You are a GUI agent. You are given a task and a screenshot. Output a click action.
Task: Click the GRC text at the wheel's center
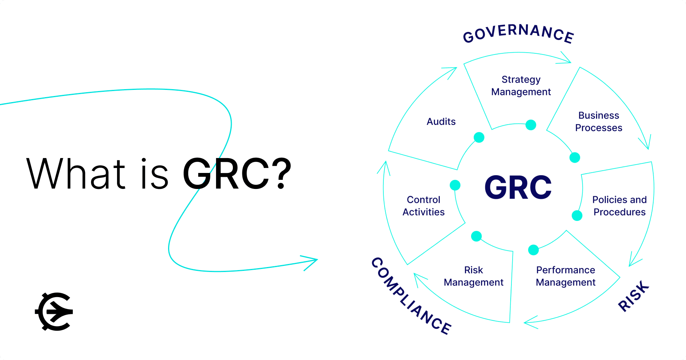coord(518,187)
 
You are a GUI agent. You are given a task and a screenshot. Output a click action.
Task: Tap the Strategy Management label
coord(521,86)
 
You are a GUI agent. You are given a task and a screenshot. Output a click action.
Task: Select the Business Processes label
coord(599,122)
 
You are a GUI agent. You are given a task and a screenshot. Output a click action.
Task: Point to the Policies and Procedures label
coord(619,206)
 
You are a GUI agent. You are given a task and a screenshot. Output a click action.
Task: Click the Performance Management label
coord(566,276)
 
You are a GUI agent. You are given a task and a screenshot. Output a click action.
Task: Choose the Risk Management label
coord(473,276)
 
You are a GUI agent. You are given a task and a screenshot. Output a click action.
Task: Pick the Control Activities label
coord(423,206)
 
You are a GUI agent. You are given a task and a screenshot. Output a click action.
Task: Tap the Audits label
coord(441,122)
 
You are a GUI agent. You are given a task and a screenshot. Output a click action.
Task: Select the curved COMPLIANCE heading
coord(411,296)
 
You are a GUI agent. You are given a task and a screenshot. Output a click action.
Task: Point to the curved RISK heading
coord(633,296)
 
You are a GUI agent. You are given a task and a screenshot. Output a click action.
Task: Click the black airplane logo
coord(54,312)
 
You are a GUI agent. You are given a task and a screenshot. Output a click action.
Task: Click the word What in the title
coord(75,174)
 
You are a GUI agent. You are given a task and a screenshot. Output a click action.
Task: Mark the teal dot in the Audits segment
coord(479,137)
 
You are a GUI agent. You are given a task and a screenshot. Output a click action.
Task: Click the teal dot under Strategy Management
coord(531,125)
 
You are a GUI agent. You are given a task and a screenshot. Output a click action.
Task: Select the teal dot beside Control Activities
coord(455,185)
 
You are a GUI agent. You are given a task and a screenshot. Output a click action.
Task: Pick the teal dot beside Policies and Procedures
coord(577,216)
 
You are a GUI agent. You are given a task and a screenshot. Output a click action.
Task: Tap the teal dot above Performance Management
coord(534,250)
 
